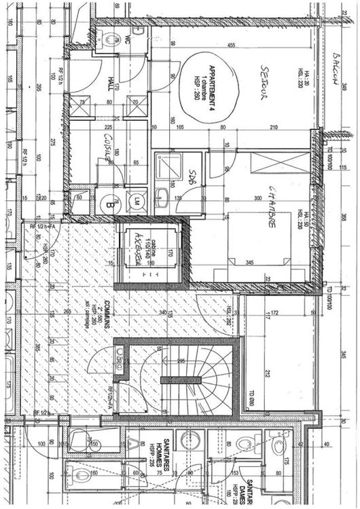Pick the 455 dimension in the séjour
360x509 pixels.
coord(232,45)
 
